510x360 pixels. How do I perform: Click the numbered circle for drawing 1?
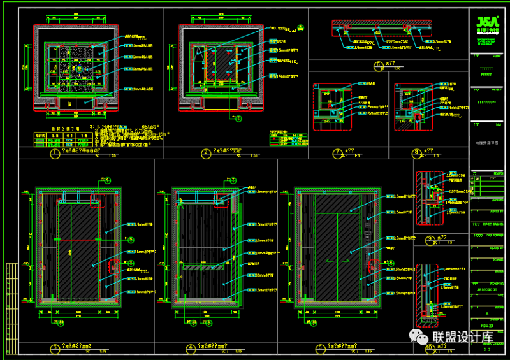coord(55,154)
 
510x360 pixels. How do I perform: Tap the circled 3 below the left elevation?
coord(57,347)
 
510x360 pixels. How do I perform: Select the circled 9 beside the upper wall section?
coord(430,240)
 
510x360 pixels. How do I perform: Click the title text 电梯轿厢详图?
coord(488,144)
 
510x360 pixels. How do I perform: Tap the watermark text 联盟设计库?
coord(463,336)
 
